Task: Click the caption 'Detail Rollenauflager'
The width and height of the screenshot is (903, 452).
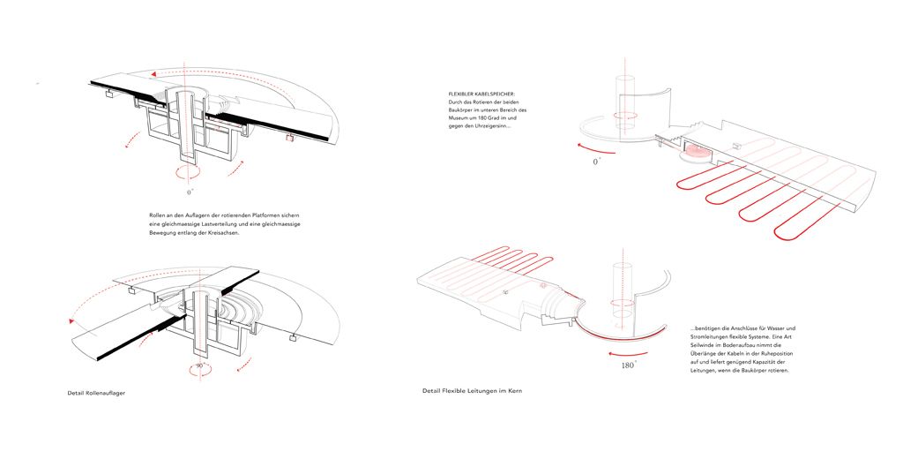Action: [x=97, y=393]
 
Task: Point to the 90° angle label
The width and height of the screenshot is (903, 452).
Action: [x=199, y=366]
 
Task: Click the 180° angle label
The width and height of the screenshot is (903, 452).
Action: [x=628, y=365]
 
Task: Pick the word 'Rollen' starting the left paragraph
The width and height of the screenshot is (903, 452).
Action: [x=157, y=215]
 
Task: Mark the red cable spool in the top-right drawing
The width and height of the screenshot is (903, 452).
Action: [x=697, y=152]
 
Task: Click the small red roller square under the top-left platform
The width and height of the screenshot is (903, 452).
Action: [x=289, y=139]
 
